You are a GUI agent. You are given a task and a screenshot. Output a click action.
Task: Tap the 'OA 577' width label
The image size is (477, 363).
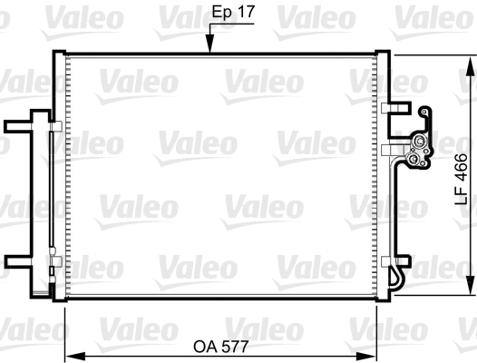tap(223, 346)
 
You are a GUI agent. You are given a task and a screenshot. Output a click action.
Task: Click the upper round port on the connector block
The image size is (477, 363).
tap(419, 142)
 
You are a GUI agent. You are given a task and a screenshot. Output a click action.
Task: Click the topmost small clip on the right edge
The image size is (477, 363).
tap(394, 107)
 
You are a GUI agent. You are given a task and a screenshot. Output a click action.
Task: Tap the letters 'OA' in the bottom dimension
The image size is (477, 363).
tap(205, 346)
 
